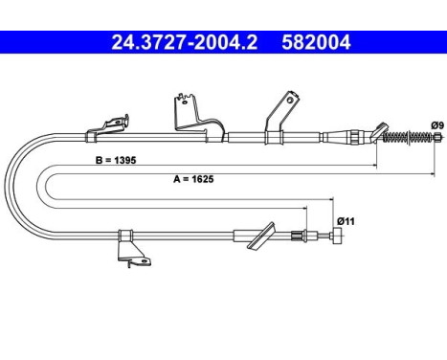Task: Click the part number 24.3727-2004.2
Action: tap(185, 42)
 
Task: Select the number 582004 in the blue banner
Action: tap(316, 42)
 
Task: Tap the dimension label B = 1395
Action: tap(116, 160)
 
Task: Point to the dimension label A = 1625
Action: tap(193, 179)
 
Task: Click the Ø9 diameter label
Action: tap(437, 125)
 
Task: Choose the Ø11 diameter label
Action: tap(346, 221)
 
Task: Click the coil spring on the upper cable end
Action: tap(409, 138)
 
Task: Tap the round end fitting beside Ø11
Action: tap(337, 236)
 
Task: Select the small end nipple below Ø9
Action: tap(437, 137)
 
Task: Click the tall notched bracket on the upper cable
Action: tap(198, 118)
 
